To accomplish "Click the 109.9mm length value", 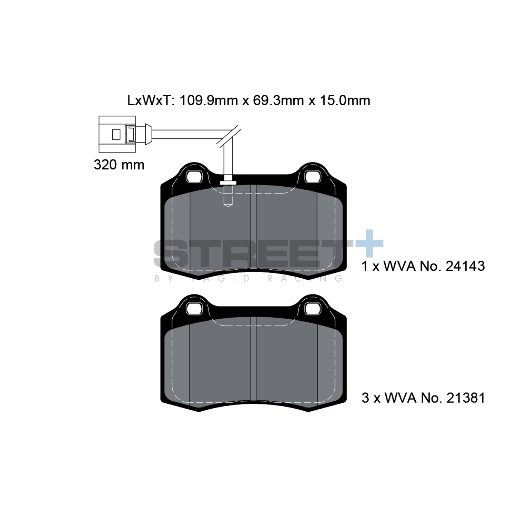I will click(208, 101).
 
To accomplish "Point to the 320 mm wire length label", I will click(119, 165).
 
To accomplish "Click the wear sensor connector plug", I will click(117, 134).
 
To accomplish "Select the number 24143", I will click(465, 266).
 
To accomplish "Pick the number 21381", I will click(465, 398).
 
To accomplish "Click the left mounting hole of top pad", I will click(195, 176).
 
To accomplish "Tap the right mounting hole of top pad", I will click(312, 176).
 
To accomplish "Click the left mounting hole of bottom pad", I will click(195, 308).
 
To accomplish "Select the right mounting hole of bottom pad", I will click(312, 308).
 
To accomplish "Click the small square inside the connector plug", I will click(116, 134).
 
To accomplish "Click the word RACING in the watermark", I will click(305, 278).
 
